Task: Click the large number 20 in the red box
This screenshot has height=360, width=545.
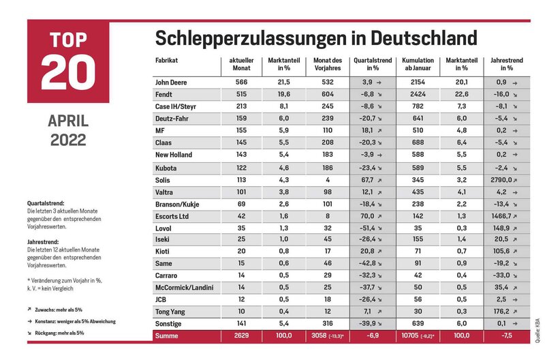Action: (x=68, y=72)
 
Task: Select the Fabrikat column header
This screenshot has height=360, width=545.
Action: (x=166, y=60)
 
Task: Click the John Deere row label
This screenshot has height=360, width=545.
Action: (x=171, y=82)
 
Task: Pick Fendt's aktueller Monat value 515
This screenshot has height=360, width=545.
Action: (x=241, y=94)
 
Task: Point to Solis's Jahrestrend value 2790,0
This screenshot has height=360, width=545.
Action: (x=502, y=180)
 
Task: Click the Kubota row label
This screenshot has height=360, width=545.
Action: (x=166, y=168)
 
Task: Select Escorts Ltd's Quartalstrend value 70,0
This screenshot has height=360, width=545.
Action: (x=367, y=216)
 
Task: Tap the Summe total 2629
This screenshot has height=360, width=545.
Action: (x=241, y=335)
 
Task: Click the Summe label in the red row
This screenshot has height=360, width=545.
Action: (x=166, y=336)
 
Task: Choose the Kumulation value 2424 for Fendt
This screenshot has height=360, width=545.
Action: (x=418, y=94)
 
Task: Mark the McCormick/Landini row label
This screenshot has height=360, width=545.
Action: (x=184, y=288)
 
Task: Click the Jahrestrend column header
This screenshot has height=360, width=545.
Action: (x=507, y=64)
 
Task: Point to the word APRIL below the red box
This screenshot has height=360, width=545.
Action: (x=68, y=121)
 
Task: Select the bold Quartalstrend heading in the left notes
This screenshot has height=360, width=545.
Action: (x=46, y=203)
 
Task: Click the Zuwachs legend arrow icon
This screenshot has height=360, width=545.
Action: (x=29, y=310)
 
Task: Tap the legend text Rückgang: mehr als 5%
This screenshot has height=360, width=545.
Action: (x=59, y=333)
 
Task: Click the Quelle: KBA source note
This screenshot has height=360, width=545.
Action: (x=538, y=330)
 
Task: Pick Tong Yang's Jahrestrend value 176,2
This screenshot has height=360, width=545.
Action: (x=501, y=312)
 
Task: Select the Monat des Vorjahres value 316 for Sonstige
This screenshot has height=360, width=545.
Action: (x=328, y=323)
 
